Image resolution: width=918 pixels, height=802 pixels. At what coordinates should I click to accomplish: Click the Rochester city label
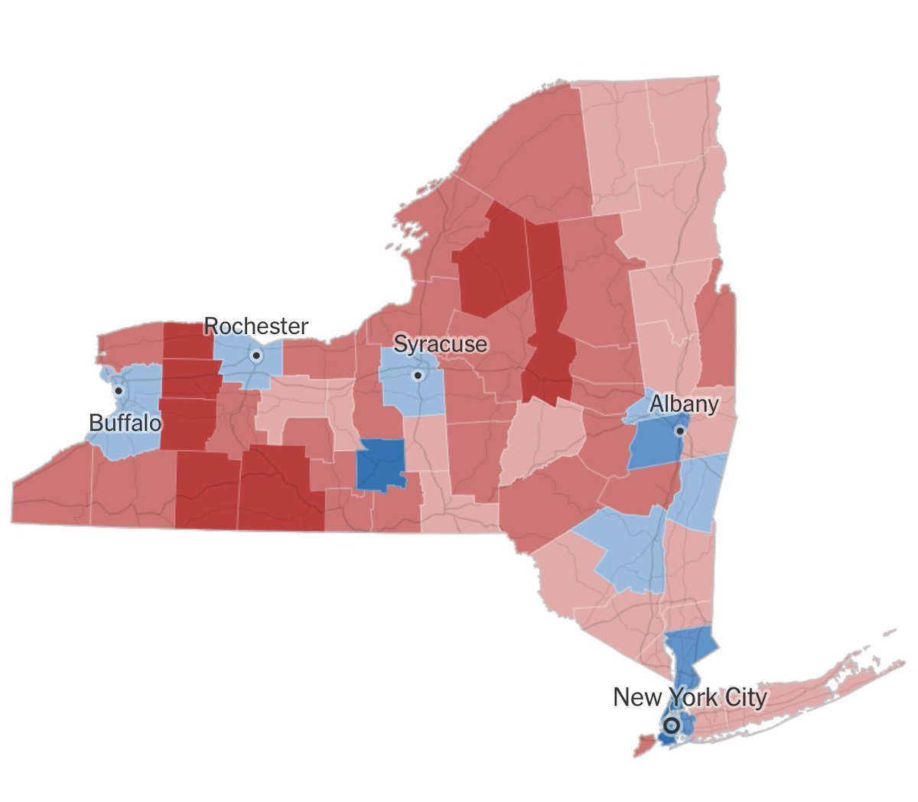pos(256,326)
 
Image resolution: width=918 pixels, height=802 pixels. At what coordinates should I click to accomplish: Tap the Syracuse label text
pos(440,344)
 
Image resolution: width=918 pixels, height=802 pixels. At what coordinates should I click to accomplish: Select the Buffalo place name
pos(125,422)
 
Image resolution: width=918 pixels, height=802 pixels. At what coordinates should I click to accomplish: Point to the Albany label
pos(684,404)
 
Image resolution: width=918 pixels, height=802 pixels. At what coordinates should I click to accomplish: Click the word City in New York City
pos(743,697)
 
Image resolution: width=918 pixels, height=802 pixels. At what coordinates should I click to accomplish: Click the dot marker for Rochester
pos(256,356)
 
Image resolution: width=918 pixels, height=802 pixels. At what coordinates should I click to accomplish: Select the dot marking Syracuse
pos(418,375)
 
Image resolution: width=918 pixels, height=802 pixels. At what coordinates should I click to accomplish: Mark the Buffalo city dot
pos(119,391)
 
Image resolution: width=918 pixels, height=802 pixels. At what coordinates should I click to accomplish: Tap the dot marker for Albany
pos(679,431)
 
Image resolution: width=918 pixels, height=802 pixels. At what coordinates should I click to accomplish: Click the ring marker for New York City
pos(672,725)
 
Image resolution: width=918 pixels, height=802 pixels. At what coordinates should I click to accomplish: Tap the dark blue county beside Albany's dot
pos(654,443)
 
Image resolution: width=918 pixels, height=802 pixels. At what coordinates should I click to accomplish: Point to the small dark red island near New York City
pos(644,744)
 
